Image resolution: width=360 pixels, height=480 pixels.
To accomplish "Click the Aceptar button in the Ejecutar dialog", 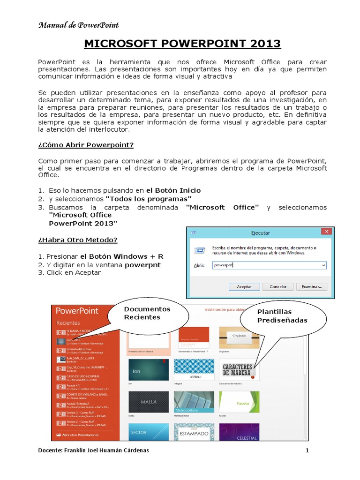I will [244, 286].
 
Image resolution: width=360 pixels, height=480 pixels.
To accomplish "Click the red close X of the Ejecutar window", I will [327, 232].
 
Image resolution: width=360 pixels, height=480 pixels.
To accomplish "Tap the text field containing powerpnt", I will [269, 265].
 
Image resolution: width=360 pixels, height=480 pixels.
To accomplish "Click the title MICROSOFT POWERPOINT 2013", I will [182, 44].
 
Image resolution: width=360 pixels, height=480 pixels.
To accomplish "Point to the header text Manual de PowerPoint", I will [78, 25].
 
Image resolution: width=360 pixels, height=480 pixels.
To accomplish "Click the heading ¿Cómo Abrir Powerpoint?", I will [86, 145].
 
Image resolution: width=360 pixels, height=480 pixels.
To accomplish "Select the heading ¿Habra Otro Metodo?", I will [77, 240].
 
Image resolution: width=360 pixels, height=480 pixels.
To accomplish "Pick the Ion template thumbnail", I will [147, 370].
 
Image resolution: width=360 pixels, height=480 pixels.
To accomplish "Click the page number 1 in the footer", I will [307, 451].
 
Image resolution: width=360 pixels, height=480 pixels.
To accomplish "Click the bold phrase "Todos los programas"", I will [148, 199].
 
